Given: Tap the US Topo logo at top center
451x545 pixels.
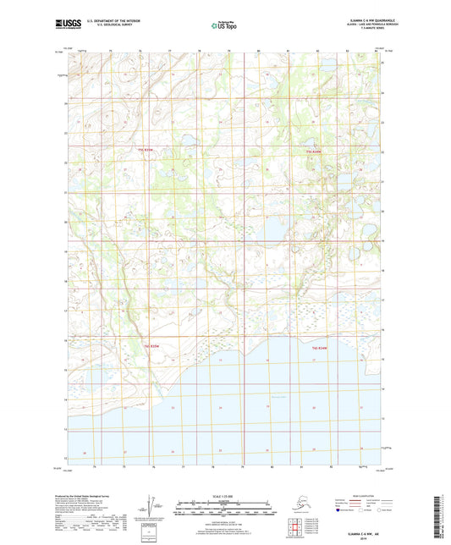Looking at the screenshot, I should pyautogui.click(x=224, y=26).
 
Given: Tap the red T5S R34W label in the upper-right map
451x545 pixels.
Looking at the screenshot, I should pyautogui.click(x=314, y=151).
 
